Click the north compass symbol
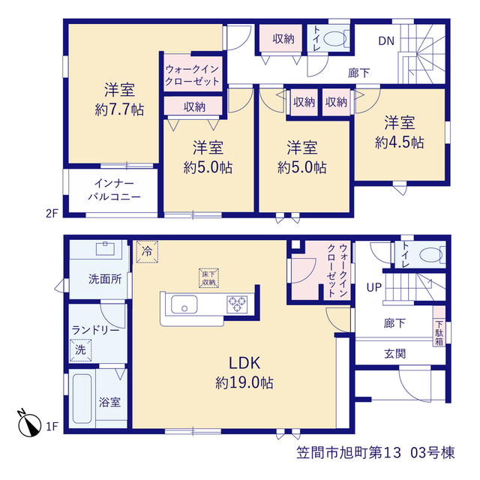click(29, 423)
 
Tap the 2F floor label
click(52, 213)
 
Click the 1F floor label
click(52, 426)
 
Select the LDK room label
click(244, 363)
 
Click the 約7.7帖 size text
click(119, 109)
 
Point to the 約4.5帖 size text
click(400, 142)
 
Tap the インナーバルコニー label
click(114, 190)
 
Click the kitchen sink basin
click(184, 304)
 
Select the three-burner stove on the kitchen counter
click(237, 304)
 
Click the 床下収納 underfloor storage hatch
click(208, 278)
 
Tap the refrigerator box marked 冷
click(147, 252)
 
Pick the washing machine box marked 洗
click(80, 350)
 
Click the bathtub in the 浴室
click(82, 398)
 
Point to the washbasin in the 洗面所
click(105, 248)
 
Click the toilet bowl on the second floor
click(336, 39)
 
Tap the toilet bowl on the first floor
click(432, 255)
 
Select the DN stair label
click(386, 41)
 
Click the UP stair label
click(374, 287)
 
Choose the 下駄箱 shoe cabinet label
click(439, 333)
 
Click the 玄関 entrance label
click(395, 354)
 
